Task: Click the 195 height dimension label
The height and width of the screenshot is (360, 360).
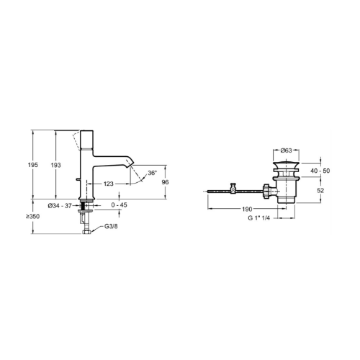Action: point(33,165)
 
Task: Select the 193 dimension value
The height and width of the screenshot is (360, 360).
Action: point(55,165)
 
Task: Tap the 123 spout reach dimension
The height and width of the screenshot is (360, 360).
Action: point(108,184)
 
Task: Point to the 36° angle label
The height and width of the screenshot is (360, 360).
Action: point(152,173)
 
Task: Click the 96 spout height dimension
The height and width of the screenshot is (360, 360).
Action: point(165,182)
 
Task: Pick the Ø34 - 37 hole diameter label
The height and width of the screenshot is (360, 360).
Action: point(60,206)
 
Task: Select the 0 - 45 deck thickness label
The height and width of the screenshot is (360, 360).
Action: point(120,205)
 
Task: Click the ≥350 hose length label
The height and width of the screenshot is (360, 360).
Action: point(33,217)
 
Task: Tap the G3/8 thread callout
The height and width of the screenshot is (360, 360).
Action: point(111,226)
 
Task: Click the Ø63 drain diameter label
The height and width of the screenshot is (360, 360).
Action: point(286,150)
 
